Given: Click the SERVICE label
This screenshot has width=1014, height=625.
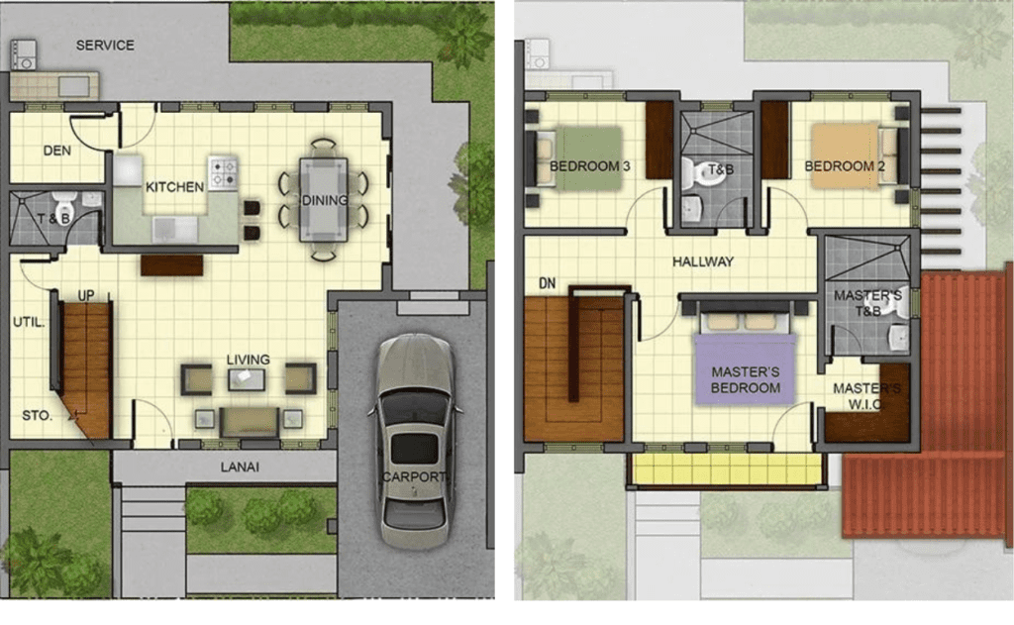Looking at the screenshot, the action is pos(105,46).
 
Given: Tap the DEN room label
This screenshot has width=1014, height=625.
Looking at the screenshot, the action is pos(56,151).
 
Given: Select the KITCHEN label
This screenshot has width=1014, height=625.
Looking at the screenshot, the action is pos(174,187).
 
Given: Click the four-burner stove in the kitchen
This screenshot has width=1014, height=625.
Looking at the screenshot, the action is pos(223,172).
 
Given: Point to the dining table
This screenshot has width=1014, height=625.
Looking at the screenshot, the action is pos(324,200).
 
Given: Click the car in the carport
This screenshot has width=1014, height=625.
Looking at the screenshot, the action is pos(415,440).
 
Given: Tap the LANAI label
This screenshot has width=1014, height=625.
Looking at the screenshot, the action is pos(240,468).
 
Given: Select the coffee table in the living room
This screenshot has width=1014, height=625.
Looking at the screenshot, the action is pos(247,379).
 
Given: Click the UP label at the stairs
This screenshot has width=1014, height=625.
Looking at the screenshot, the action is pos(86,296).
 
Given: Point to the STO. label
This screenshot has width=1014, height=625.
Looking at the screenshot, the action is pos(37,415).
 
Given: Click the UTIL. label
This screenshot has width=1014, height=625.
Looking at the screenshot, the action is pos(29,322).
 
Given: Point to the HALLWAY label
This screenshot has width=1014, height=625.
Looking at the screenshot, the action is pos(703,262).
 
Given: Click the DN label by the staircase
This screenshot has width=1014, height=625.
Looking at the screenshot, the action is pos(547,283).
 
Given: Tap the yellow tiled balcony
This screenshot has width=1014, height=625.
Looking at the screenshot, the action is pos(728,469).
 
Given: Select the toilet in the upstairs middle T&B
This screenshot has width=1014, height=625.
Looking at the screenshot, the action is pos(695,172).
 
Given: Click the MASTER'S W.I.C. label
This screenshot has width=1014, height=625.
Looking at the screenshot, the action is pos(866,396).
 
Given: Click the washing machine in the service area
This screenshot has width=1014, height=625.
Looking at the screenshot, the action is pos(23,54).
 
